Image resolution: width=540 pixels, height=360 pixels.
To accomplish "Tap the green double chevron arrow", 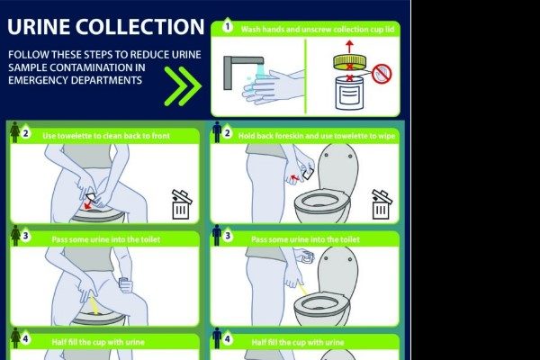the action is [183, 86].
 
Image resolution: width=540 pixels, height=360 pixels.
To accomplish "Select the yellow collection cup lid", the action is [349, 61].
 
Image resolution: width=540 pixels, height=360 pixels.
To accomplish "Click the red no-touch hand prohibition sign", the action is [382, 74].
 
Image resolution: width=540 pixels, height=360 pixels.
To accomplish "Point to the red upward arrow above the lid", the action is [349, 47].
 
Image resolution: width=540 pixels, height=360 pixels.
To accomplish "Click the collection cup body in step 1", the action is [349, 93].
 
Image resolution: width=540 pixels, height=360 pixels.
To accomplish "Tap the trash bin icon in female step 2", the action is [182, 204].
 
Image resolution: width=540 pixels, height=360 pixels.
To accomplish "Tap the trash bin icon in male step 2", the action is [382, 204].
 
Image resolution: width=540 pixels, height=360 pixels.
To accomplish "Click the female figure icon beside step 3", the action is [15, 235].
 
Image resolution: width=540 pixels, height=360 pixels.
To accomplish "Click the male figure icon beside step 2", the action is [217, 132].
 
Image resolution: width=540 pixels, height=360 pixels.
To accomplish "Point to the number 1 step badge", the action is [228, 26].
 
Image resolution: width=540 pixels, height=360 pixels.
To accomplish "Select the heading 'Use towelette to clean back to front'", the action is [106, 136].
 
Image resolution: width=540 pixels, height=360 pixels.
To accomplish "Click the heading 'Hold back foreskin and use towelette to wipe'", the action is [317, 136].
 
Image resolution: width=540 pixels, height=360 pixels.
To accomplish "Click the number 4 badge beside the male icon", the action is [228, 338].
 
